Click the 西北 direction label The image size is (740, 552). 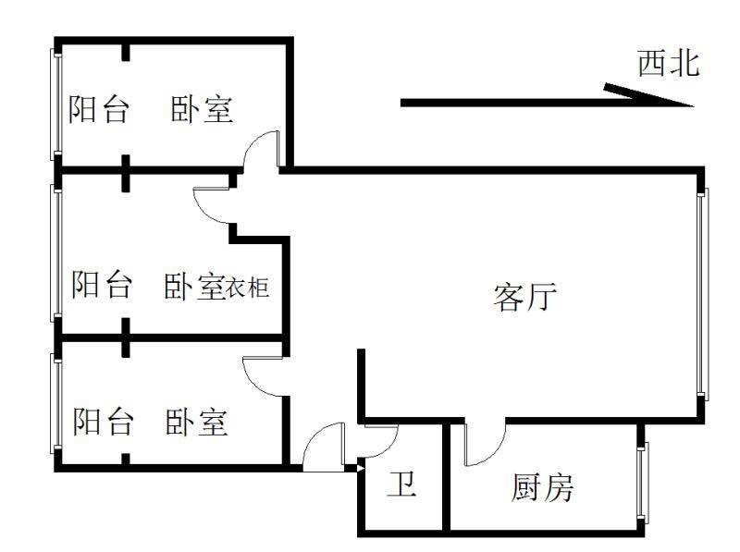coord(669,64)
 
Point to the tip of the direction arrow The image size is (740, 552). coord(689,104)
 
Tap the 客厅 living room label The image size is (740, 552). coord(525,297)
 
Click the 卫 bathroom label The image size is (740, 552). coord(401,485)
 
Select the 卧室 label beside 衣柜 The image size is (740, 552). coord(195,286)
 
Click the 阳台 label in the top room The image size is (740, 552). coord(99,109)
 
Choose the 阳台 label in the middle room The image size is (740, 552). coord(102,284)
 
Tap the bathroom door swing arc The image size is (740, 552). coord(380,442)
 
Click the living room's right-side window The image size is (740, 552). coord(703,291)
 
